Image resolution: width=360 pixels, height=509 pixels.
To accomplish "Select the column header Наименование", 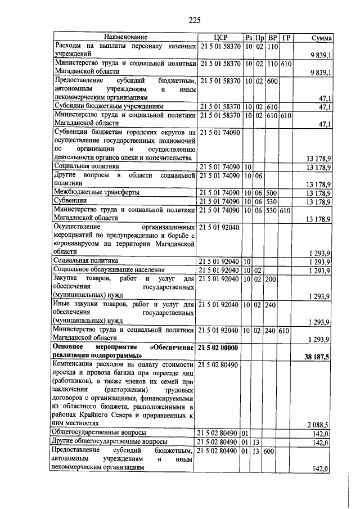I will click(x=124, y=38).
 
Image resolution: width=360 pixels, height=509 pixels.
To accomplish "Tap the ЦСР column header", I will click(x=219, y=38).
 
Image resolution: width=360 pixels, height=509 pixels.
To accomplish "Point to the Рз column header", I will click(x=248, y=38).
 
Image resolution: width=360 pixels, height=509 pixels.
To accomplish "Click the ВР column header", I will click(x=272, y=38).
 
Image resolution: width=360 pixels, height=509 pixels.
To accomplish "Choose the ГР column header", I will click(x=287, y=38).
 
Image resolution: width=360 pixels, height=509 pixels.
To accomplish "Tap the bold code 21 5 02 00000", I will click(x=219, y=349).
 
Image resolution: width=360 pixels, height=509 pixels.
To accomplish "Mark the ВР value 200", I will click(x=272, y=279).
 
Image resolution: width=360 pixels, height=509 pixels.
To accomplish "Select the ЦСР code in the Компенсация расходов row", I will click(x=219, y=365).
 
